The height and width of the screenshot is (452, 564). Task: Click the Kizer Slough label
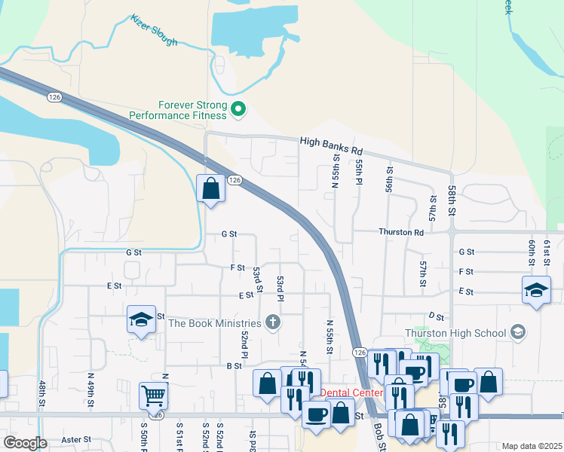(153, 30)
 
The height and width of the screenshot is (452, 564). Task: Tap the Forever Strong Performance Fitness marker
(238, 110)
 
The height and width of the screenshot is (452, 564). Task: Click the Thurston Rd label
(401, 233)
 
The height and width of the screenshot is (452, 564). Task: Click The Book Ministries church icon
(273, 323)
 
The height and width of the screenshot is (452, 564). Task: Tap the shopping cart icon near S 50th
(153, 393)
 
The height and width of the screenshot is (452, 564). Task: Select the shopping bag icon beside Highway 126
(211, 188)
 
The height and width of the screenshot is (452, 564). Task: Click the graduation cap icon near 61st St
(536, 289)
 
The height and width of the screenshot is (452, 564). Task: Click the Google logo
(25, 443)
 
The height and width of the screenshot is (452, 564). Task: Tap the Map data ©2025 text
(532, 446)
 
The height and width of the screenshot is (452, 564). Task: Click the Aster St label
(76, 439)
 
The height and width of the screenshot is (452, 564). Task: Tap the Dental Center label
(351, 392)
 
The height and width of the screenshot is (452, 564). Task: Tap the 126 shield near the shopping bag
(234, 180)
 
